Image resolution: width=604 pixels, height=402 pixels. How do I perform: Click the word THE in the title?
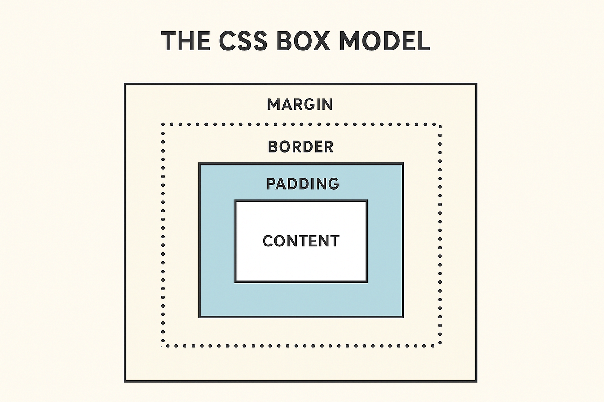click(x=186, y=41)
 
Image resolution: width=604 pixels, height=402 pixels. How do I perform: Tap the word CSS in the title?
click(x=243, y=41)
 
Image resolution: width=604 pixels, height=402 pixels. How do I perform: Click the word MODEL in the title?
click(x=384, y=41)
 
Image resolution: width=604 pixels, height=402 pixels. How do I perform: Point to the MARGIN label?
click(x=300, y=104)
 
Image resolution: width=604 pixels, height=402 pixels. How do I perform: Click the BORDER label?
click(x=301, y=147)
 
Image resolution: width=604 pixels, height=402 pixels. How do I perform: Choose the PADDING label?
click(x=302, y=184)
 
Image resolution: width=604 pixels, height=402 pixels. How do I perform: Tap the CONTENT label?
click(x=301, y=241)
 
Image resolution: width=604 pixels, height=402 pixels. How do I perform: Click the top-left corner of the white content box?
click(x=236, y=201)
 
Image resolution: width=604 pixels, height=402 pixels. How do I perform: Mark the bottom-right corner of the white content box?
click(x=367, y=282)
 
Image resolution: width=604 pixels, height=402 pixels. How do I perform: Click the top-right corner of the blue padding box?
click(x=403, y=164)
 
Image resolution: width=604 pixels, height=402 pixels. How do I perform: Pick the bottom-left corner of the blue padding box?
click(x=200, y=317)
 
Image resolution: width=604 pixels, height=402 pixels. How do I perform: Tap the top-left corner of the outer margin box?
click(x=125, y=84)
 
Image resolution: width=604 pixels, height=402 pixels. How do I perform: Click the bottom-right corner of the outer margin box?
click(x=476, y=381)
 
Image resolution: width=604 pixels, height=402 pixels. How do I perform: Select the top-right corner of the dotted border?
click(x=440, y=125)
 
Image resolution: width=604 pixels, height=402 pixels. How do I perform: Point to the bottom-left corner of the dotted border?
click(x=163, y=346)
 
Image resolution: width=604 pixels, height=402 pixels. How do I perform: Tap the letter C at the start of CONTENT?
click(x=268, y=241)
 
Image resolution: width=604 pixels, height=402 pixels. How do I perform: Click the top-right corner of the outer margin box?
click(x=476, y=84)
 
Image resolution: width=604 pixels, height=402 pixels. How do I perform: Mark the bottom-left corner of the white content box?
click(x=236, y=282)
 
